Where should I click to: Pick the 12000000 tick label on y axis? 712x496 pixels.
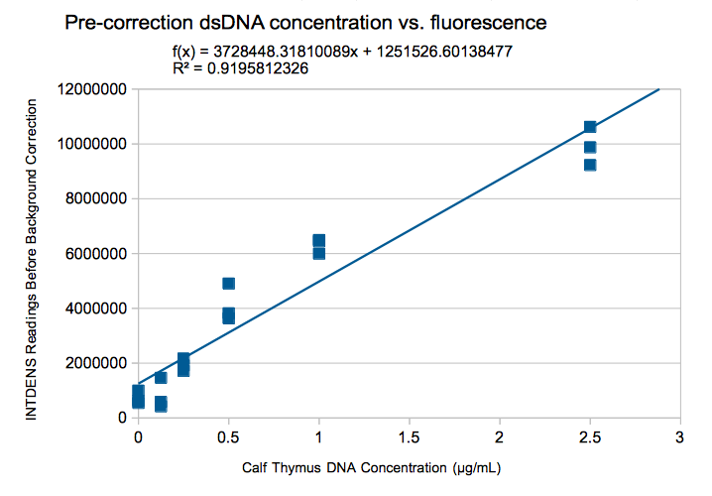[91, 89]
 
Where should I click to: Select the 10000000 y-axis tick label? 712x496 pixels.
[91, 144]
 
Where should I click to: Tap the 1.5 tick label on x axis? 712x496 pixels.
[409, 436]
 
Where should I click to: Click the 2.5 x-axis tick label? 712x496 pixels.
[589, 436]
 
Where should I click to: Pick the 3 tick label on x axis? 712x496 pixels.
[679, 436]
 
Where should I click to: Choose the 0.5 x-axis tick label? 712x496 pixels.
[228, 436]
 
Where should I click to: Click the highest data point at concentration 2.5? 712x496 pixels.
[590, 127]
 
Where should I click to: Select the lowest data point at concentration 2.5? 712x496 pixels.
[590, 165]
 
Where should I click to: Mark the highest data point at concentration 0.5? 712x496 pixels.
[228, 284]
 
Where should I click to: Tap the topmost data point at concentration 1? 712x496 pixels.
[318, 240]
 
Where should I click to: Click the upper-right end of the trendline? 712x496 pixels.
[659, 89]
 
